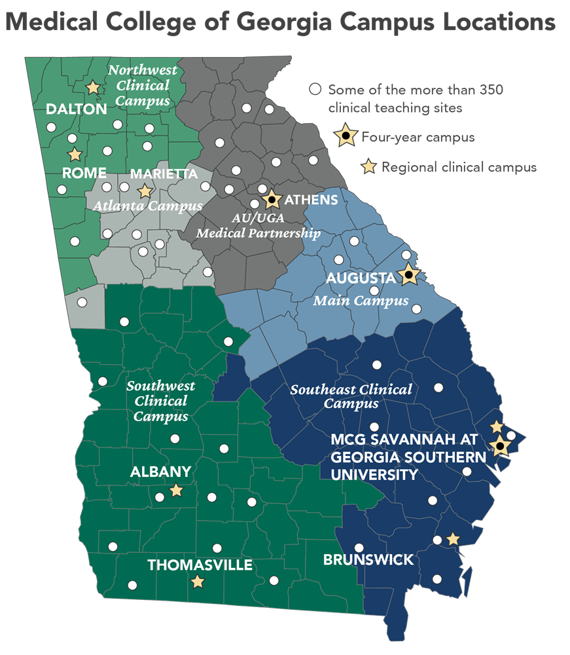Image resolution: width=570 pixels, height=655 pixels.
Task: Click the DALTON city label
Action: point(76,109)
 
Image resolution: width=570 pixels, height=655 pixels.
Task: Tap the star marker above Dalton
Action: point(94,86)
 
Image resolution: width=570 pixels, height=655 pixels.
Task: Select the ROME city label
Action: point(84,174)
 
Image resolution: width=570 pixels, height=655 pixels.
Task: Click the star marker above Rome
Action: point(75,155)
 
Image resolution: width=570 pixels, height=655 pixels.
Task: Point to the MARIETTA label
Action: point(164,174)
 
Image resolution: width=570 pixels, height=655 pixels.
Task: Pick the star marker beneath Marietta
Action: point(145,191)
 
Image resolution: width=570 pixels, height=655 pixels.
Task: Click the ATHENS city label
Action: point(311,199)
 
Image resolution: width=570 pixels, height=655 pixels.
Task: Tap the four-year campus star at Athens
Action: point(272,198)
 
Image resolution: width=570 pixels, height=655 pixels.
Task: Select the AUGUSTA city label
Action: point(361,278)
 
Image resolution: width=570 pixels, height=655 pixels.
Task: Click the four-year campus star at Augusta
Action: point(408,275)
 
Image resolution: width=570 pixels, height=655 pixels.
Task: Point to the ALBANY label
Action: point(160,472)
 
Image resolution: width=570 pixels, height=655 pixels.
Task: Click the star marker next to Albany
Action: point(176,490)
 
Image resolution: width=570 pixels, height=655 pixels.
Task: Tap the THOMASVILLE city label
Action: point(200,565)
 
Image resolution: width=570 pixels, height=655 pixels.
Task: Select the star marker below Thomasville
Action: point(197,582)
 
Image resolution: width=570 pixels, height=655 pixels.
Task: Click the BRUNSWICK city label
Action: point(368,560)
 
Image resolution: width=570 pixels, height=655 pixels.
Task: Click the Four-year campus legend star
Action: point(345,136)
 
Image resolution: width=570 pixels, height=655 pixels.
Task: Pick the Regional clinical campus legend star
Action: point(370,167)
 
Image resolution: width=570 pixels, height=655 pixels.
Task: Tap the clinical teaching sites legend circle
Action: point(316,89)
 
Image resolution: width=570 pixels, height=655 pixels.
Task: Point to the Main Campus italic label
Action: point(360,301)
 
